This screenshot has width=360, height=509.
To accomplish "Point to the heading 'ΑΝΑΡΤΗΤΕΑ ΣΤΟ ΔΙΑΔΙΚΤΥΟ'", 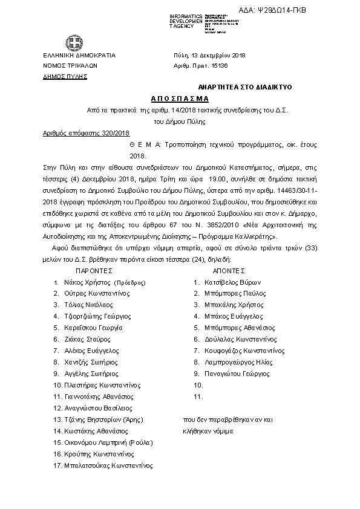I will coord(246,88).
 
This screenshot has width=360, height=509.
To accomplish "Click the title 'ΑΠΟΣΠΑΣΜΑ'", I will coord(180,99).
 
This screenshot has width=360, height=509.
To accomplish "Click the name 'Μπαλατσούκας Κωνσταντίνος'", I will coord(108,465).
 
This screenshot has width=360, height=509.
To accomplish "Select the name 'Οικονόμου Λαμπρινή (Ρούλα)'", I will coord(106,443).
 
